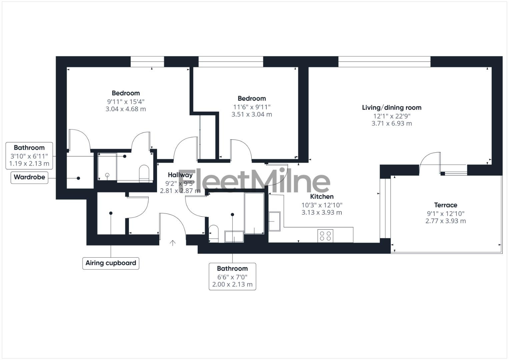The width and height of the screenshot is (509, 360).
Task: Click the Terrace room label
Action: (x=445, y=205)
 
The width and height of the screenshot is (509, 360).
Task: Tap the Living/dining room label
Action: (x=392, y=108)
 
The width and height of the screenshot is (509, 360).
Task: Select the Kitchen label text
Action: (x=322, y=197)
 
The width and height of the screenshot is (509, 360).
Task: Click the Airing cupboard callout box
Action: (x=111, y=263)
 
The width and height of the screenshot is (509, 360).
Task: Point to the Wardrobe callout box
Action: (x=29, y=177)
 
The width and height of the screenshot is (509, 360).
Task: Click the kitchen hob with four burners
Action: (x=325, y=236)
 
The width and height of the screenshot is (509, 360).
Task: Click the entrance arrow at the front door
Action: (x=173, y=243)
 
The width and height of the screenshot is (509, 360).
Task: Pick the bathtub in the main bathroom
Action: (x=254, y=213)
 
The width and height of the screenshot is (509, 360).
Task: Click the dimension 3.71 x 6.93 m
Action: (x=392, y=124)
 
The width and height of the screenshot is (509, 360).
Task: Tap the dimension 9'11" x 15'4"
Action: (x=126, y=101)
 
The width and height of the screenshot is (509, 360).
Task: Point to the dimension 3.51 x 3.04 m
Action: (x=252, y=114)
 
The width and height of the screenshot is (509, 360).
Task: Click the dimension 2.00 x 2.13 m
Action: (x=232, y=285)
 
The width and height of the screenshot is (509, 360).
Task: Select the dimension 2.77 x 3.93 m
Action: (x=445, y=221)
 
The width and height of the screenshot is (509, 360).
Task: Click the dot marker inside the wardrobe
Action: (x=79, y=178)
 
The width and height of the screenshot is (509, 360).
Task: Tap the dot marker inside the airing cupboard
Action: (x=111, y=213)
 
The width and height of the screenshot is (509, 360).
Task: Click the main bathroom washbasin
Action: (x=234, y=236)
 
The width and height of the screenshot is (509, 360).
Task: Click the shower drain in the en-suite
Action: (x=107, y=175)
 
